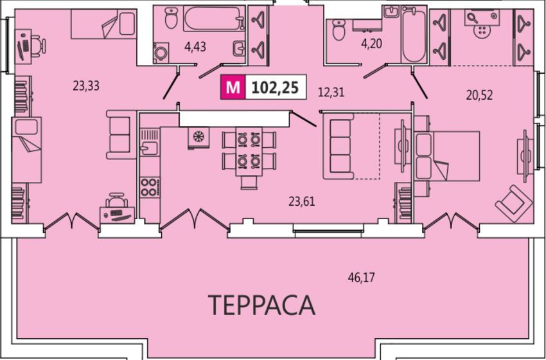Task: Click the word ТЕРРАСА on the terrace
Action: tap(262, 305)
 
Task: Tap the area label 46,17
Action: tap(362, 278)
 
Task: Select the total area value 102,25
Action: tap(275, 87)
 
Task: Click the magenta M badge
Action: tap(233, 87)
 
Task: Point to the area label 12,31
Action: tap(331, 93)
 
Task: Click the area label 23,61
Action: tap(301, 201)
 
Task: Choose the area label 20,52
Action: tap(479, 95)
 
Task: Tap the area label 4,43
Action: tap(195, 47)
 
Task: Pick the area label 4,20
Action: tap(371, 44)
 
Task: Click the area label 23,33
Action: tap(86, 85)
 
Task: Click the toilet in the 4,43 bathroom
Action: tap(171, 18)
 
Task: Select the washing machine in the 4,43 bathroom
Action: tap(161, 53)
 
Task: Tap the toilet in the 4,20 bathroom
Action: tap(339, 30)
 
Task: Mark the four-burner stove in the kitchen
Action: tap(150, 187)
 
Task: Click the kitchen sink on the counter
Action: tap(150, 147)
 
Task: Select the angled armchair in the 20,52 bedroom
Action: tap(513, 204)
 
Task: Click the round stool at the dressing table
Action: tap(482, 31)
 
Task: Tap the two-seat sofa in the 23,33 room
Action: tap(121, 134)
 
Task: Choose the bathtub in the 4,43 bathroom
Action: tap(213, 19)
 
